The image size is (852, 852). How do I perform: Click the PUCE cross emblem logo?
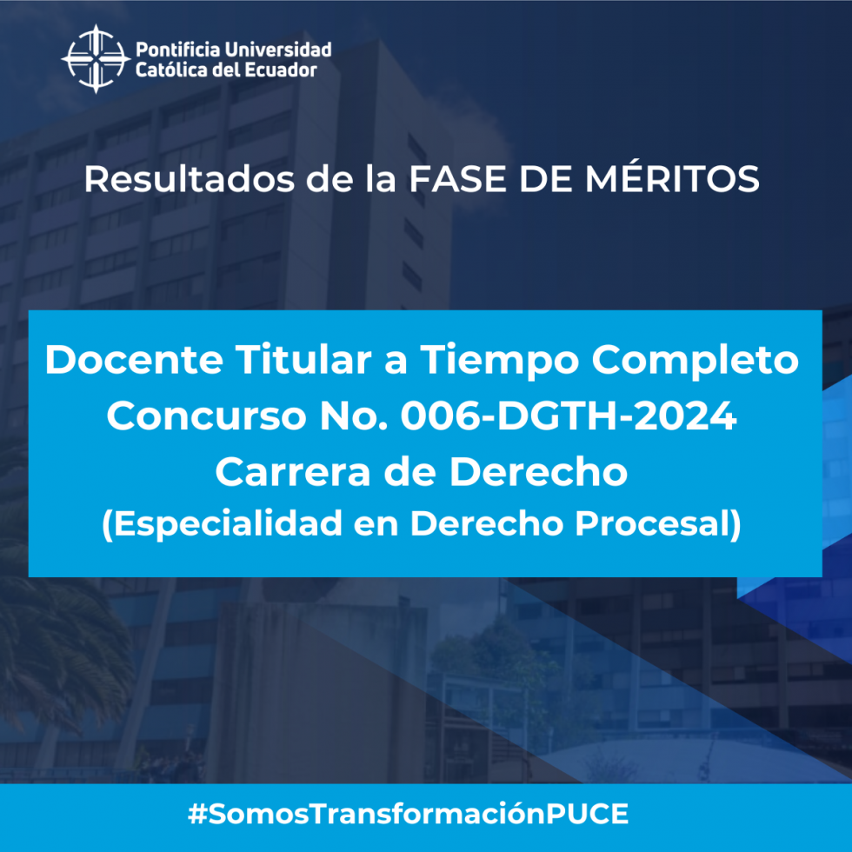click(96, 59)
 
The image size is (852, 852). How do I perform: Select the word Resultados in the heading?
click(190, 179)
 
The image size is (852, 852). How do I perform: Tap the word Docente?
click(134, 360)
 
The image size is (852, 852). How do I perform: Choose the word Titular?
click(303, 359)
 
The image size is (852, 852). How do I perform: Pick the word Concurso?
click(207, 416)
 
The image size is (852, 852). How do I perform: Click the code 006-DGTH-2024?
click(569, 416)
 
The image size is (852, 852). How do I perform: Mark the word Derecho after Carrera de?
click(538, 471)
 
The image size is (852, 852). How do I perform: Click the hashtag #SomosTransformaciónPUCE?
click(408, 814)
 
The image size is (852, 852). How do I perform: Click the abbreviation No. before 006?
click(354, 416)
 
